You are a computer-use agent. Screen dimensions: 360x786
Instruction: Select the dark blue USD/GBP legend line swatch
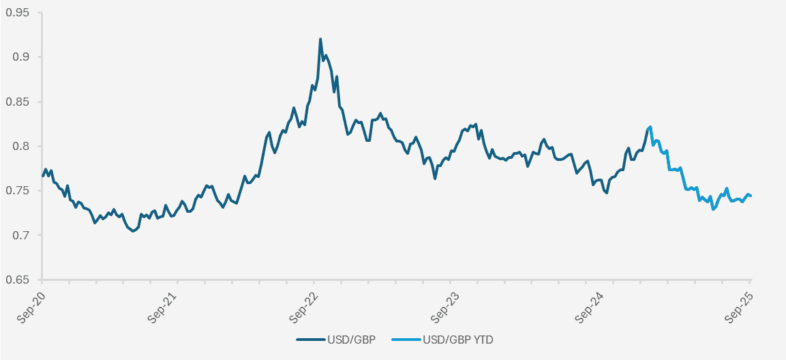tap(310, 339)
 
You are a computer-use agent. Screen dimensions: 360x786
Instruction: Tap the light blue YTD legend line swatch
tap(406, 339)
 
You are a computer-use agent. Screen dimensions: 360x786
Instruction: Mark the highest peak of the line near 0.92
tap(320, 40)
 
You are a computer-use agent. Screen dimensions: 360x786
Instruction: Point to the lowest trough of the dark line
tap(134, 231)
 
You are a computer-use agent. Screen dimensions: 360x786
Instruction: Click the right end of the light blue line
tap(751, 196)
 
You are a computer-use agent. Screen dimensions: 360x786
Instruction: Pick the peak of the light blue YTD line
tap(650, 127)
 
